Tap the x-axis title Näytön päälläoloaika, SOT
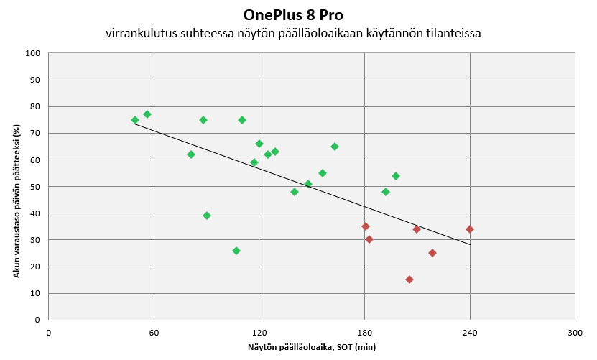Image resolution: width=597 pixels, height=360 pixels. pos(312,347)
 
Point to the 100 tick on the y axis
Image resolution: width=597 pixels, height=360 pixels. pos(32,53)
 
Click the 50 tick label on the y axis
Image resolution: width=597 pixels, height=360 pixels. pos(34,187)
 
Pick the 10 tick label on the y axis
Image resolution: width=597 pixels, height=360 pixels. pos(34,293)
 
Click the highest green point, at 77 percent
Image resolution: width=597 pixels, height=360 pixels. pos(147,114)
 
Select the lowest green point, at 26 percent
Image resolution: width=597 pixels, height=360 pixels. pos(236,251)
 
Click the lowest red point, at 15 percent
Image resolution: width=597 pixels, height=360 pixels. pos(409,280)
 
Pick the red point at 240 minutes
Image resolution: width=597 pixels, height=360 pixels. pos(470,229)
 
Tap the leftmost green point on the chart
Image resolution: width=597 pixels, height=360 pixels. pos(135,120)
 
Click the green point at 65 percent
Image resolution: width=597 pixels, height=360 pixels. pos(335,147)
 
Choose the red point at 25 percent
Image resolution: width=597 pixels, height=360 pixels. pos(432,253)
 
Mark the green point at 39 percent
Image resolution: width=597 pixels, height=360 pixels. pos(207,216)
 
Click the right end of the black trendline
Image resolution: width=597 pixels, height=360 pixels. pos(470,244)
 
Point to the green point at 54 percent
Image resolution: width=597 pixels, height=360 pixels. pos(396,176)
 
